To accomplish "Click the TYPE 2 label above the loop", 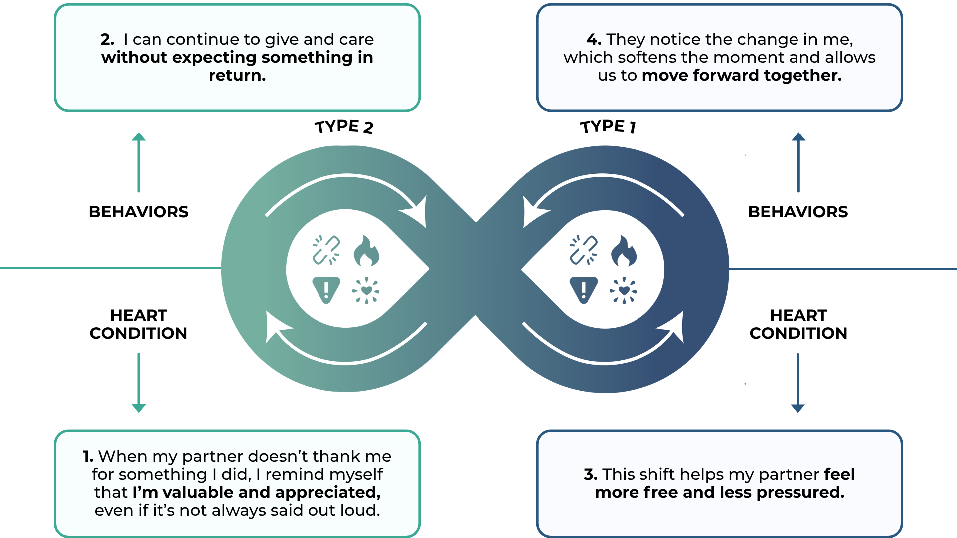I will (x=344, y=127).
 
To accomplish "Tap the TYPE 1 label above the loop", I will (x=608, y=126).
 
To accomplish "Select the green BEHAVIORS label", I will (x=139, y=212).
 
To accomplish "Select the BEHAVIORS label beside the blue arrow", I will (x=798, y=212).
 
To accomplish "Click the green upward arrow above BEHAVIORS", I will (x=139, y=162).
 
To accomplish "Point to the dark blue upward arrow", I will (x=798, y=162).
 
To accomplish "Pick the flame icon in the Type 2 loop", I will (x=366, y=251).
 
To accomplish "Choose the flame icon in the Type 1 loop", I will (x=624, y=251).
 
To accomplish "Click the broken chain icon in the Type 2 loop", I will (x=326, y=250).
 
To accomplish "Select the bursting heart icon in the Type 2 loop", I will (x=366, y=290).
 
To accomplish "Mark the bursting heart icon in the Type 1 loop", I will (x=624, y=290).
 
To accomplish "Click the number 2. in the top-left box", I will (x=107, y=39).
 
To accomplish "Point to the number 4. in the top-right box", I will (x=594, y=39).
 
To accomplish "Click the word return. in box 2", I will (x=237, y=75).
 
